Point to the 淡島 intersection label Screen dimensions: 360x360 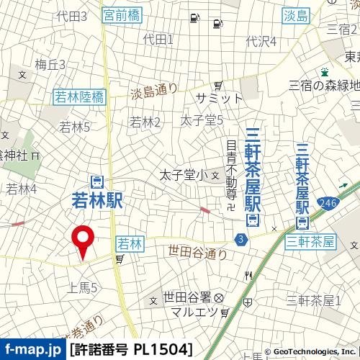pos(296,15)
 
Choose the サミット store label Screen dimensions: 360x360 pos(219,98)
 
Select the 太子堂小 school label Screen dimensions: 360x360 pos(183,174)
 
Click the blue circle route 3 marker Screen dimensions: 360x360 pos(239,238)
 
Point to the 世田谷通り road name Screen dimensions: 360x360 pos(197,252)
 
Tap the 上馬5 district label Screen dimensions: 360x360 pos(83,287)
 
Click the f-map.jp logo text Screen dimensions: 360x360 pos(32,350)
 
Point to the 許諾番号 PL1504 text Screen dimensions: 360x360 pos(132,350)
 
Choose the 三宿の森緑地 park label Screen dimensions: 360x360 pos(324,85)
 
